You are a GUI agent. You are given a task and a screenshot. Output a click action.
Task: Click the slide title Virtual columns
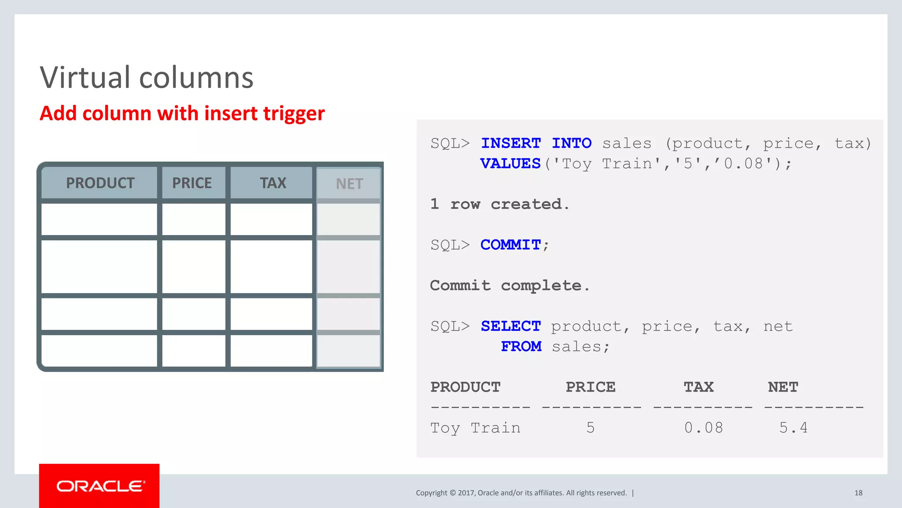(146, 78)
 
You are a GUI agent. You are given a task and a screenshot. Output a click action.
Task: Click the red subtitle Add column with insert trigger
(182, 113)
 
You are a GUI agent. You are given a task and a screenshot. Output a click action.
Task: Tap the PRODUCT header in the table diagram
(100, 183)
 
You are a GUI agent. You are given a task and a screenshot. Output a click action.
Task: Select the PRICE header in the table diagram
(192, 183)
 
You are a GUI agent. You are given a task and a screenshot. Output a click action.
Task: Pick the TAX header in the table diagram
(273, 183)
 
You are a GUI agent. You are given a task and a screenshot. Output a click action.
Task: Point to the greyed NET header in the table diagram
(349, 184)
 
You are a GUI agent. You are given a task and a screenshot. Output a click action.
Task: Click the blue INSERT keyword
(510, 143)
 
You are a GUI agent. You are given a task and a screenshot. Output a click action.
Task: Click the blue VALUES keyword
(510, 164)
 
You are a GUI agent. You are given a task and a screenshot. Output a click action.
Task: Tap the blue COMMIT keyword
(510, 245)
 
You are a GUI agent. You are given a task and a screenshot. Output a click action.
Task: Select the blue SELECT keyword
(510, 326)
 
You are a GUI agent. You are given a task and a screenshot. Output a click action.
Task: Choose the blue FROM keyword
(521, 347)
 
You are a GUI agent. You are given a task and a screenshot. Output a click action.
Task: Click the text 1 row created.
(499, 204)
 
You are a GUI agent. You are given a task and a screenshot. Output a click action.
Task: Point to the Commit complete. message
(510, 286)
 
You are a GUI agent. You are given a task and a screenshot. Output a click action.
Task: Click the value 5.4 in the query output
(793, 428)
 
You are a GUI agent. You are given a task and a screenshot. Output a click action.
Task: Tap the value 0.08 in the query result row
(703, 428)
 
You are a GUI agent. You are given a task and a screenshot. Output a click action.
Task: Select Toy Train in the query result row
(475, 428)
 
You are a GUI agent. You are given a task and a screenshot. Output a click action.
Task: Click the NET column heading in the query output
(783, 387)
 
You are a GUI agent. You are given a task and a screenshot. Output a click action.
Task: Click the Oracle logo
(100, 486)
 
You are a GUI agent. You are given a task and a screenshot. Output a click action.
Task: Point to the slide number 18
(858, 493)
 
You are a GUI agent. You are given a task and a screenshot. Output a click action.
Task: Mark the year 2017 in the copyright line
(466, 493)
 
